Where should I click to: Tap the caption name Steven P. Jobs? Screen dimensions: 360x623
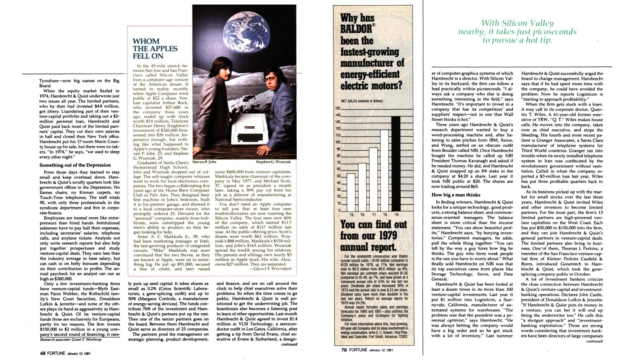[204, 162]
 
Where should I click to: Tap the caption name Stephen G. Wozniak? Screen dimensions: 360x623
[273, 162]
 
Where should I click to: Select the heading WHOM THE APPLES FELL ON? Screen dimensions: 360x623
[148, 49]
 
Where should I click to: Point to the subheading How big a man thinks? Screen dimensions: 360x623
[456, 195]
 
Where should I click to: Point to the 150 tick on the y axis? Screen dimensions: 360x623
[338, 108]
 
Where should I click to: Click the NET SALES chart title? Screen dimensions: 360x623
[362, 101]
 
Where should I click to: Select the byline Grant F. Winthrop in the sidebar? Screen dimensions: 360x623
[270, 269]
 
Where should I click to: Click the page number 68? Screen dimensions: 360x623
[43, 353]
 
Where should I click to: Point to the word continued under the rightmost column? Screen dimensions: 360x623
[594, 341]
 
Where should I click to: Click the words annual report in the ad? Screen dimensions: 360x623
[367, 247]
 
